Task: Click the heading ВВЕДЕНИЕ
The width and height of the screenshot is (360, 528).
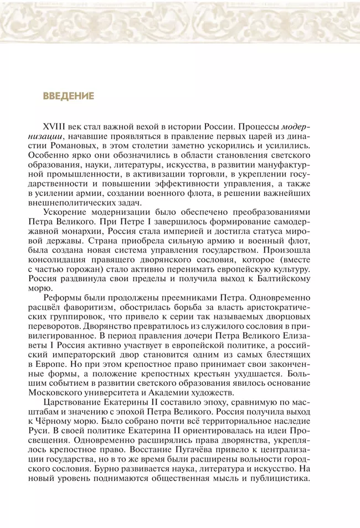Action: (x=68, y=96)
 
